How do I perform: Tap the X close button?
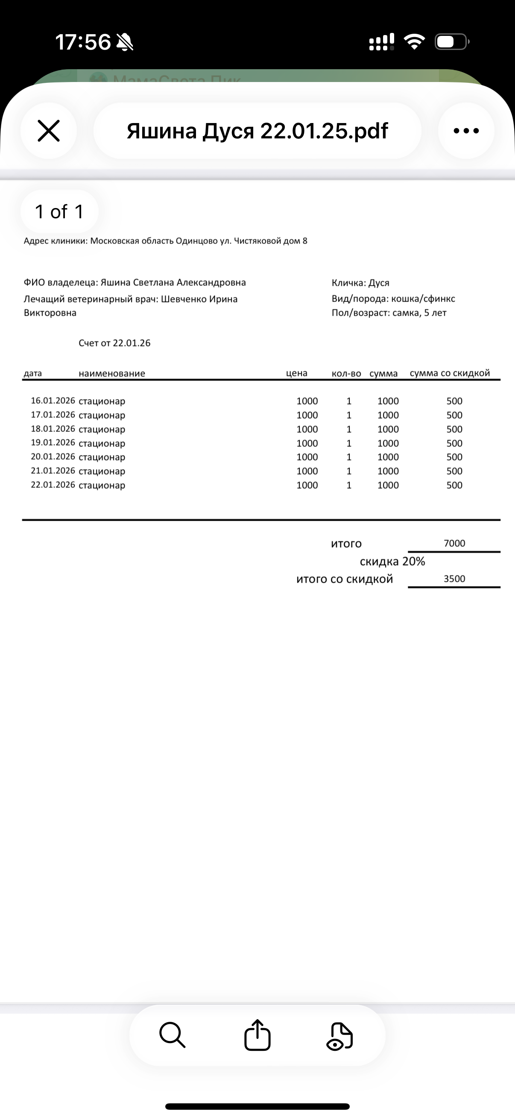49,131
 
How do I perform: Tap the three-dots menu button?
466,131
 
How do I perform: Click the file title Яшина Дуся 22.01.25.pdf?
257,131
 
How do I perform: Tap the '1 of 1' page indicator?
59,212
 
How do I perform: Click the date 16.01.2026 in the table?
53,401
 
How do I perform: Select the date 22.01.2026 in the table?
53,485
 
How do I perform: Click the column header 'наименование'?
112,373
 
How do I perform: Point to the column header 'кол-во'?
346,373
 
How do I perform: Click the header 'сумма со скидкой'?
449,373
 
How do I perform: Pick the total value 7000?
454,543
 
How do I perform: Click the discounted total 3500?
454,579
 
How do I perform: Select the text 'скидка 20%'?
392,562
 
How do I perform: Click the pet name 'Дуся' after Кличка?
379,283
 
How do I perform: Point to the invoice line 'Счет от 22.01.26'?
114,343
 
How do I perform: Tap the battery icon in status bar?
451,42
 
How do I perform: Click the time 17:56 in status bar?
82,42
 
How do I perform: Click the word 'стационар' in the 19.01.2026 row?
102,443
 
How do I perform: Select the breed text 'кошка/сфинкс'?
423,299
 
